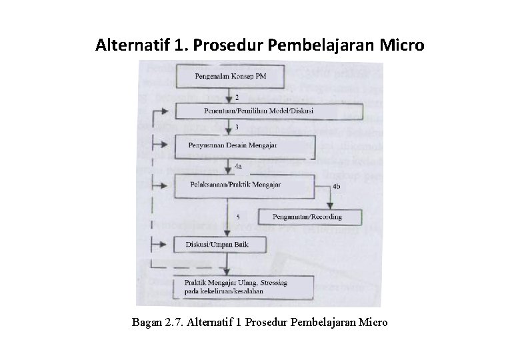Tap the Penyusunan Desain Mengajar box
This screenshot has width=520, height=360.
(243, 145)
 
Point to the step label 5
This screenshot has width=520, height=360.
(237, 215)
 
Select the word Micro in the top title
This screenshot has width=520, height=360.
(399, 46)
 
